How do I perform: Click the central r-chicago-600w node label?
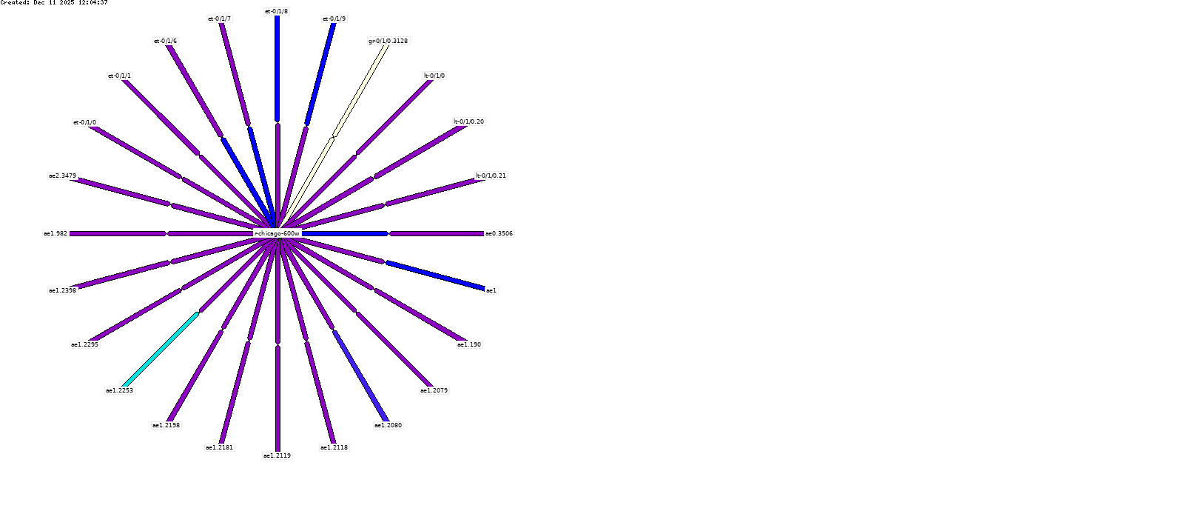[x=277, y=233]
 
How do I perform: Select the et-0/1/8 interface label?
[x=277, y=12]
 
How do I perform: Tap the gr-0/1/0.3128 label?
[x=388, y=41]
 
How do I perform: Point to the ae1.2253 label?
[x=119, y=390]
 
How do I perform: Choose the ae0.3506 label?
[x=499, y=233]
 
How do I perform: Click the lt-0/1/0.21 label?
[x=491, y=176]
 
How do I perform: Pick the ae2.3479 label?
[x=62, y=176]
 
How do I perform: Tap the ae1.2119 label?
[x=277, y=455]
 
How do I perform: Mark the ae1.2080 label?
[x=388, y=425]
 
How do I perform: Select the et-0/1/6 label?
[x=165, y=41]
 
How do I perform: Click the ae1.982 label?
[x=55, y=233]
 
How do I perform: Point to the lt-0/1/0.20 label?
[x=469, y=121]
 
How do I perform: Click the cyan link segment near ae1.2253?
[x=160, y=350]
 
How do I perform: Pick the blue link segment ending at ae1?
[x=435, y=275]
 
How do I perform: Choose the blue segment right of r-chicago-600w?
[x=345, y=233]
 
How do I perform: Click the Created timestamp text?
[x=54, y=3]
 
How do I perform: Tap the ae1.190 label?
[x=469, y=344]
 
